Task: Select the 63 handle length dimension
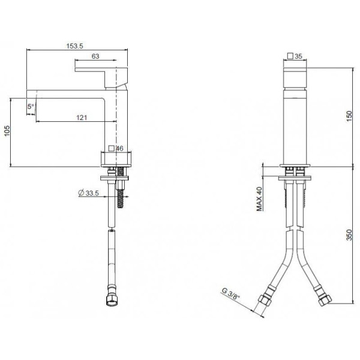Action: [x=95, y=56]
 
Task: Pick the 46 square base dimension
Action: [x=119, y=148]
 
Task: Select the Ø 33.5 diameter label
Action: [x=91, y=193]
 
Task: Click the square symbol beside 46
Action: [x=110, y=148]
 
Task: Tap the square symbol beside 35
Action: [x=290, y=56]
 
